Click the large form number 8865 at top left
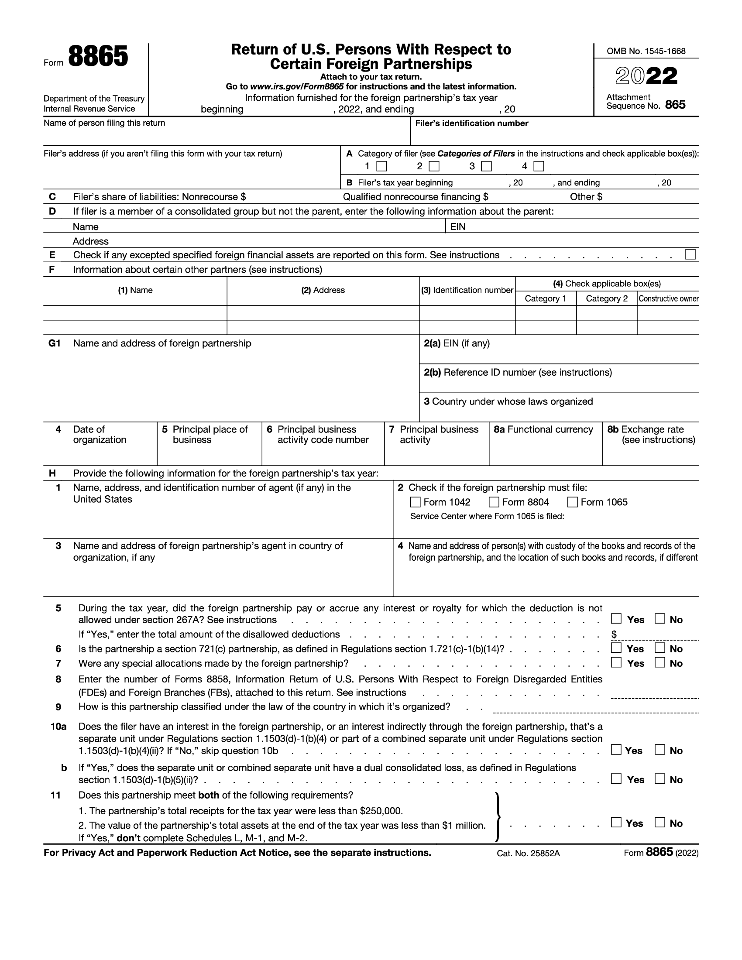click(x=98, y=58)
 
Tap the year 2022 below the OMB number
click(x=646, y=76)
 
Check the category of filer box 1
click(x=382, y=166)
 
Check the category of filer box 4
click(x=539, y=166)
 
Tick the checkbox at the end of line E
click(x=690, y=254)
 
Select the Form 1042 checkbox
click(x=415, y=502)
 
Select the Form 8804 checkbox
click(x=494, y=502)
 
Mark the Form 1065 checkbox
click(x=572, y=502)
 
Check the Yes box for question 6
click(x=616, y=648)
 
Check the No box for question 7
click(x=660, y=662)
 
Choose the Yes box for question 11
click(x=616, y=822)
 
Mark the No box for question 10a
click(x=660, y=749)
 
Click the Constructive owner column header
click(x=668, y=299)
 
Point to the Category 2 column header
click(x=607, y=299)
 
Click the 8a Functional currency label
click(x=543, y=429)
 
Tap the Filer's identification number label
click(x=472, y=123)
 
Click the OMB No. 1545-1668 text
click(x=646, y=51)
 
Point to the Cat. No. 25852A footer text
click(x=528, y=853)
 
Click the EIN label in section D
click(x=457, y=227)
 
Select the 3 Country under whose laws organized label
click(x=508, y=401)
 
